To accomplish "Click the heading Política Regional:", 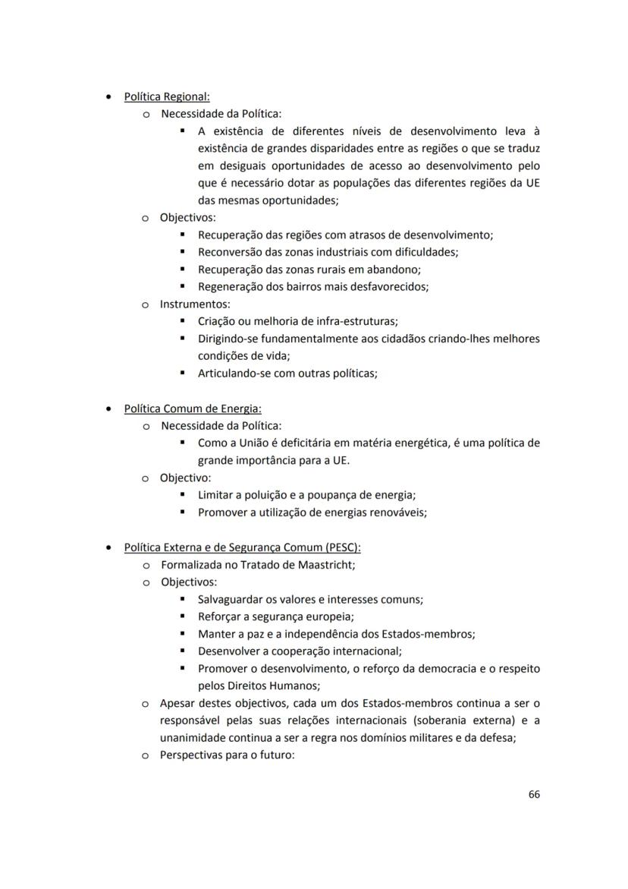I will (x=167, y=97).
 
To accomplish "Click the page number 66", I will (x=534, y=794).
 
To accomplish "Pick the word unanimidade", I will (x=195, y=737).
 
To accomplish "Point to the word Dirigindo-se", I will (x=231, y=339).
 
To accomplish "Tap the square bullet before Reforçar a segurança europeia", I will (x=184, y=616).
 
